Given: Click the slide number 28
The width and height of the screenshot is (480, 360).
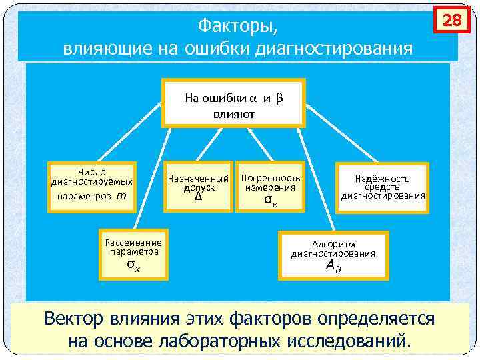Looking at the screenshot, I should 452,21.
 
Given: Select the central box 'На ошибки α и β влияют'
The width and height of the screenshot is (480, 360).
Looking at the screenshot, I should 234,103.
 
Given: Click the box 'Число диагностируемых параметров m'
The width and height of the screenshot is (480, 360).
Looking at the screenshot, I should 92,186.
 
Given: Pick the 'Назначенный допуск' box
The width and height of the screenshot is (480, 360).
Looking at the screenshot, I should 198,187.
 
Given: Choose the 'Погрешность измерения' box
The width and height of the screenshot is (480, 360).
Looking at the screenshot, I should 270,187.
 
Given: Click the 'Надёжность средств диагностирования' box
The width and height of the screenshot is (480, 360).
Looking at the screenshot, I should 383,187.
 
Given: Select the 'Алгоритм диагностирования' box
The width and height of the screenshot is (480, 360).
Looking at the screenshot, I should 333,254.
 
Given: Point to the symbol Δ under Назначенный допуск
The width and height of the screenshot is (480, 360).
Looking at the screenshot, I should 198,197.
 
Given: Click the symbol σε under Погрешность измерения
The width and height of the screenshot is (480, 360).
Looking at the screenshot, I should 269,199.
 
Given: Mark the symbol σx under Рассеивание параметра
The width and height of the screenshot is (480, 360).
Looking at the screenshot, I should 133,265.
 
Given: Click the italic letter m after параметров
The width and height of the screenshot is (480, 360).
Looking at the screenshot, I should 121,196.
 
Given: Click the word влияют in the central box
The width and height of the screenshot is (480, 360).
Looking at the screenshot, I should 234,113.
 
